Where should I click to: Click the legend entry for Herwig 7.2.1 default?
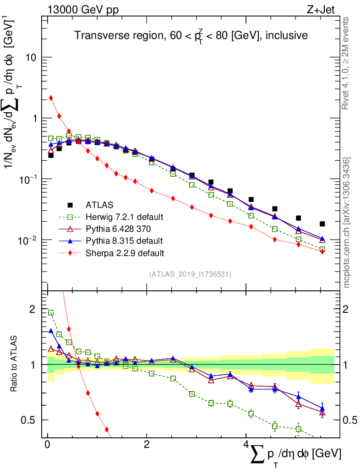124,217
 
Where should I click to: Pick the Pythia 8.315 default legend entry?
124,240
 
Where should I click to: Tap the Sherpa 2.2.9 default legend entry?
124,252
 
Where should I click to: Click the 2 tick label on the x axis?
147,444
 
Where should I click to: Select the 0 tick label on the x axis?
47,444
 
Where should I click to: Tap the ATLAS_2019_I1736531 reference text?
190,274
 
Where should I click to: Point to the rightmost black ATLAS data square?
322,224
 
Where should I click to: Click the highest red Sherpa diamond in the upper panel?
51,98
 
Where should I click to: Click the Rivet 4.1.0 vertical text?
347,64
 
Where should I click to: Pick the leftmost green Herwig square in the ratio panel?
51,312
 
